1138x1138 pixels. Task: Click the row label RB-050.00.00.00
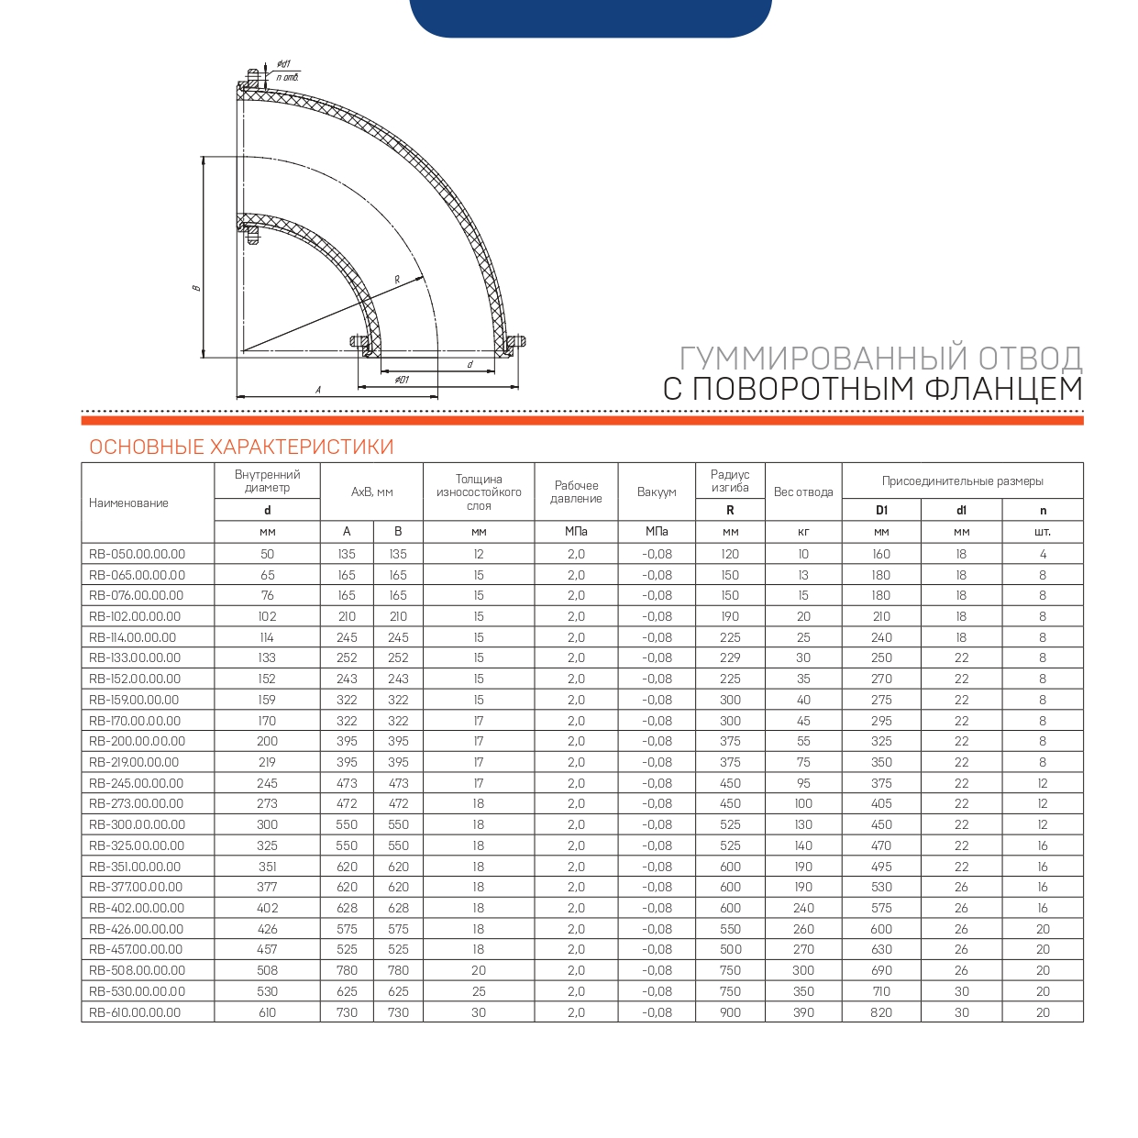pyautogui.click(x=137, y=554)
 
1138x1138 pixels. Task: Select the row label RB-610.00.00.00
pyautogui.click(x=135, y=1012)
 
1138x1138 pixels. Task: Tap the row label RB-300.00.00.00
pyautogui.click(x=137, y=824)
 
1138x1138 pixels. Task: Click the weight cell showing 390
pyautogui.click(x=803, y=1012)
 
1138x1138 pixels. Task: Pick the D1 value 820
pyautogui.click(x=881, y=1012)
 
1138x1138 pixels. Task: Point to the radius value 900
pyautogui.click(x=730, y=1012)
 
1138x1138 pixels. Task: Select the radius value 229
pyautogui.click(x=730, y=657)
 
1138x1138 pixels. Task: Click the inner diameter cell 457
pyautogui.click(x=267, y=949)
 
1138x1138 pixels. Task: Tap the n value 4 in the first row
pyautogui.click(x=1043, y=554)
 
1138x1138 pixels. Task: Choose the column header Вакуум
pyautogui.click(x=657, y=492)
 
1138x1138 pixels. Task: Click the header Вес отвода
pyautogui.click(x=803, y=492)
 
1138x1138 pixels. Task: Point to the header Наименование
pyautogui.click(x=128, y=503)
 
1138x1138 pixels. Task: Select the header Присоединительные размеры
pyautogui.click(x=962, y=481)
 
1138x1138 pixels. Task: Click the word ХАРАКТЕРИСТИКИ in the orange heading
pyautogui.click(x=302, y=447)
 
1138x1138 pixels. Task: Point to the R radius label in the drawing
pyautogui.click(x=397, y=279)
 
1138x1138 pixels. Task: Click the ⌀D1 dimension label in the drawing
pyautogui.click(x=402, y=380)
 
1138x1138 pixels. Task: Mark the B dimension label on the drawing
pyautogui.click(x=196, y=288)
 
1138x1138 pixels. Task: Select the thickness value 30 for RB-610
pyautogui.click(x=479, y=1012)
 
